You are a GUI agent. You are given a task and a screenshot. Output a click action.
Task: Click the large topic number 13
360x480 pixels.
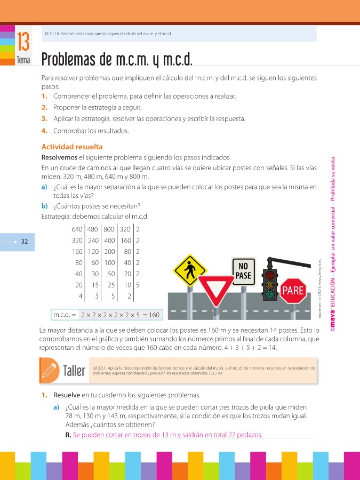(23, 41)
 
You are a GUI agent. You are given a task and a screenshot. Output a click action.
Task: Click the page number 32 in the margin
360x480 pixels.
(25, 241)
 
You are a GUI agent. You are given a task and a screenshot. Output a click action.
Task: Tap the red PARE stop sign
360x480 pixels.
(292, 291)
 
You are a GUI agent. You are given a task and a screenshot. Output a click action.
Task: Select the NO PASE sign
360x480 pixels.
(243, 271)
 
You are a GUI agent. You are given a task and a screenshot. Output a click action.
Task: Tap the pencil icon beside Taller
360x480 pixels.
(49, 370)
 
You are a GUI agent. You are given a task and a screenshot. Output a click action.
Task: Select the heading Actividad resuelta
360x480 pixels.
(71, 147)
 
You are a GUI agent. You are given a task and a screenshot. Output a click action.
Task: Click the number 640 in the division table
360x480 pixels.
(76, 229)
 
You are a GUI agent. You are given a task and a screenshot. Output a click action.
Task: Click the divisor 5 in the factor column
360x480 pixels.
(138, 285)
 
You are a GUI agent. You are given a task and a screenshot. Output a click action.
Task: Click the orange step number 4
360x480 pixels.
(43, 131)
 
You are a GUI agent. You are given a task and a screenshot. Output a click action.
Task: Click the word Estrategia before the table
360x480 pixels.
(57, 217)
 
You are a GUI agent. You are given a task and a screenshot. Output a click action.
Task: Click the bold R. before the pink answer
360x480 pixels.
(68, 435)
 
